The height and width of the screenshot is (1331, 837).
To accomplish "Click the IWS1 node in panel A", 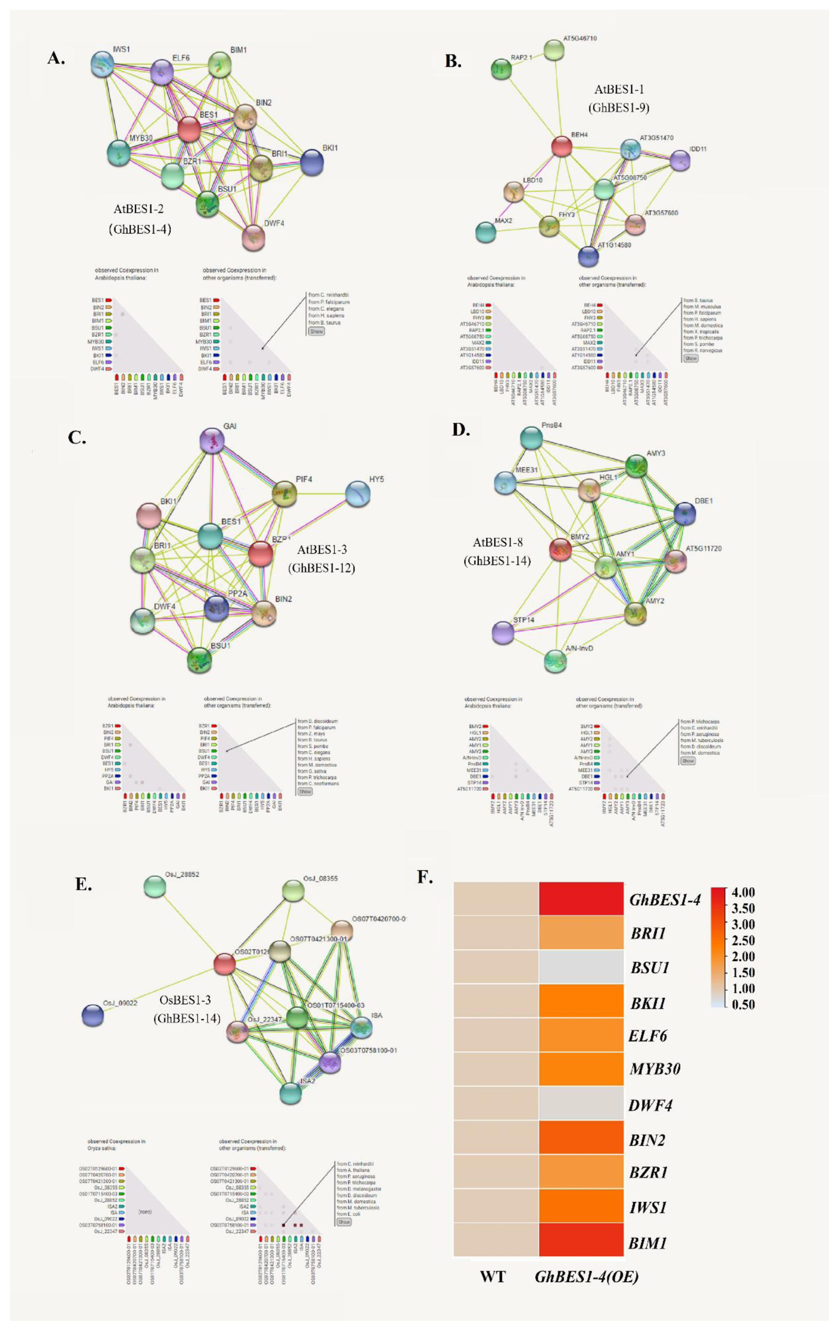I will pos(103,64).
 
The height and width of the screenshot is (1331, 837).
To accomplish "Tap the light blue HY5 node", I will pos(357,494).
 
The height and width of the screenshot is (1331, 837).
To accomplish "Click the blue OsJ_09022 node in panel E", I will pos(93,1015).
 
